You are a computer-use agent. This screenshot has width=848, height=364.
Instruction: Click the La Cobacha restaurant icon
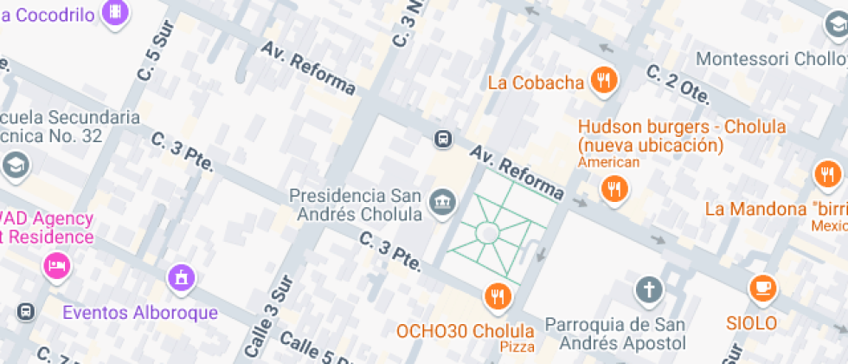pyautogui.click(x=603, y=81)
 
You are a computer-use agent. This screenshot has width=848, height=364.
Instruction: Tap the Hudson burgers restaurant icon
pyautogui.click(x=614, y=188)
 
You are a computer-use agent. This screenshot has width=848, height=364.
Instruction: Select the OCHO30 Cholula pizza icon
pyautogui.click(x=497, y=296)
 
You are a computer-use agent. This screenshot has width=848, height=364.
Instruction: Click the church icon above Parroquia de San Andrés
pyautogui.click(x=648, y=289)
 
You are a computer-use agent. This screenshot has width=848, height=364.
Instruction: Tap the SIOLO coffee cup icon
pyautogui.click(x=763, y=287)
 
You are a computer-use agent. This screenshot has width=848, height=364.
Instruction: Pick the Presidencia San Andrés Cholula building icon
pyautogui.click(x=443, y=202)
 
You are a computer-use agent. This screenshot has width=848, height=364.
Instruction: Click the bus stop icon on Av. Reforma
pyautogui.click(x=442, y=139)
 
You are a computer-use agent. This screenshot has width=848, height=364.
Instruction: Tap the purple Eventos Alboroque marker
pyautogui.click(x=181, y=278)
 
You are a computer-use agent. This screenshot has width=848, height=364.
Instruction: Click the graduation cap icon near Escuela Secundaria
pyautogui.click(x=15, y=164)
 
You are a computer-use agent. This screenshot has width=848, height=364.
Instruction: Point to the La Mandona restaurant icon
pyautogui.click(x=827, y=174)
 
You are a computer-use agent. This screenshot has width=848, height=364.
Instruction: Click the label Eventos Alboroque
pyautogui.click(x=140, y=312)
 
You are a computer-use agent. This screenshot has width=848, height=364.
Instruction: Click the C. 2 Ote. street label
pyautogui.click(x=679, y=82)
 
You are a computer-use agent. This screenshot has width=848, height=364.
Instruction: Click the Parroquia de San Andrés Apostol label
pyautogui.click(x=615, y=335)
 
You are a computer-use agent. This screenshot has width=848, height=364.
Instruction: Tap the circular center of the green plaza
pyautogui.click(x=486, y=233)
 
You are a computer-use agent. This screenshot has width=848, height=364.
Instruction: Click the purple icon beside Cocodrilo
pyautogui.click(x=115, y=11)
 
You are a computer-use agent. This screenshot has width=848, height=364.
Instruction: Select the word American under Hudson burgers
pyautogui.click(x=609, y=162)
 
